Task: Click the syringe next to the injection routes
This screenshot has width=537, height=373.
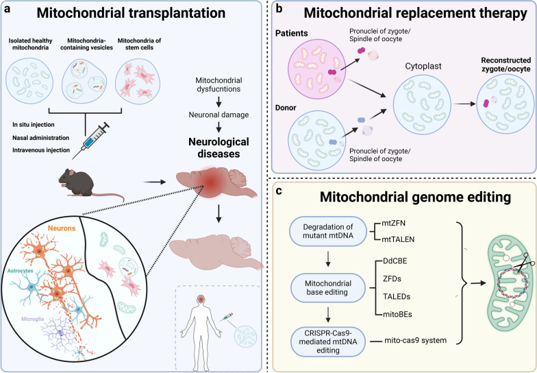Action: (x=90, y=141)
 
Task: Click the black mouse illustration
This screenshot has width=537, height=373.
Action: (x=90, y=184)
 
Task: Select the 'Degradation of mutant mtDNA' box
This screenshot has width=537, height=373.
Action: (x=327, y=231)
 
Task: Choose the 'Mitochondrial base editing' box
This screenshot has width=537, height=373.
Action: (x=327, y=288)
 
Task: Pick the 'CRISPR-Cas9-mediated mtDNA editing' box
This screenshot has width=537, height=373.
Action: (x=327, y=341)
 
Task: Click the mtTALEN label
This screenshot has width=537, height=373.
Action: (x=398, y=239)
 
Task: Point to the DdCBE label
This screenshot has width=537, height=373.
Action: (x=395, y=261)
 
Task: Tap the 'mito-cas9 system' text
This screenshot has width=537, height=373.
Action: (x=415, y=340)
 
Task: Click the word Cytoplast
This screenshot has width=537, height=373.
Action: (x=423, y=66)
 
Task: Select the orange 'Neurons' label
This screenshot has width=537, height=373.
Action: (x=62, y=228)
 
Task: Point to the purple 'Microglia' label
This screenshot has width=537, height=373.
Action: (x=33, y=319)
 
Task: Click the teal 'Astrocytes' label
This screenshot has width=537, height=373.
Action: (x=21, y=270)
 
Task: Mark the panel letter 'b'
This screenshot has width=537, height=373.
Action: (x=279, y=8)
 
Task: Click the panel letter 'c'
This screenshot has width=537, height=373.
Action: (x=279, y=191)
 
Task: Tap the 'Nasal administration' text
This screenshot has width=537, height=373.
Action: (x=41, y=137)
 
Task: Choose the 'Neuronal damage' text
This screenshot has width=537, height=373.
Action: (x=219, y=115)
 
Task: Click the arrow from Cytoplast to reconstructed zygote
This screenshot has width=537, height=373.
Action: (x=464, y=104)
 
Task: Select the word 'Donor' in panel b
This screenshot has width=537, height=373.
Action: (x=286, y=108)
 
